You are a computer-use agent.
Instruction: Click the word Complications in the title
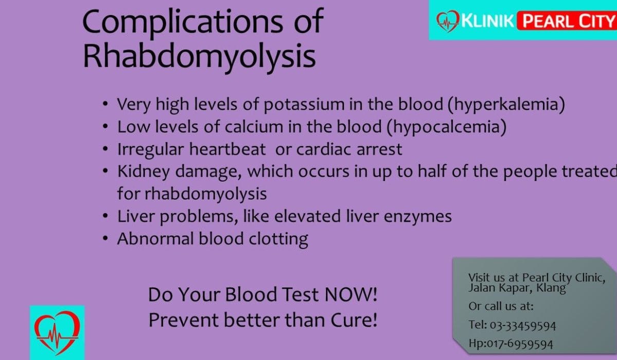(x=183, y=22)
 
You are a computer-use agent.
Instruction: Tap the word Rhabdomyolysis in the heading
(x=199, y=57)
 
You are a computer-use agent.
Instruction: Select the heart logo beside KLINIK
(x=448, y=21)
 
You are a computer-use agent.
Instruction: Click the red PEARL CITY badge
(x=567, y=21)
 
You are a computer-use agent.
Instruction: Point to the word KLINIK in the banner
(x=487, y=21)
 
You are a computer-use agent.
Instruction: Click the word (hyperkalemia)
(x=506, y=104)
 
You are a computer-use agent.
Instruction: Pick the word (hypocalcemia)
(x=446, y=127)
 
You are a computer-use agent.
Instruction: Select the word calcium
(x=254, y=127)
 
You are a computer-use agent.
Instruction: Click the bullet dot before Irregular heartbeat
(x=105, y=149)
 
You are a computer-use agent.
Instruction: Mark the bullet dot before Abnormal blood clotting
(x=105, y=238)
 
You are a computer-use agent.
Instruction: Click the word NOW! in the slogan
(x=351, y=295)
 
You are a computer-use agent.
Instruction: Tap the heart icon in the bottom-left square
(x=57, y=332)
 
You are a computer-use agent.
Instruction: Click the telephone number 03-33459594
(x=523, y=326)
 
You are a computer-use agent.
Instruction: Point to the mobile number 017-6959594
(x=520, y=344)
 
